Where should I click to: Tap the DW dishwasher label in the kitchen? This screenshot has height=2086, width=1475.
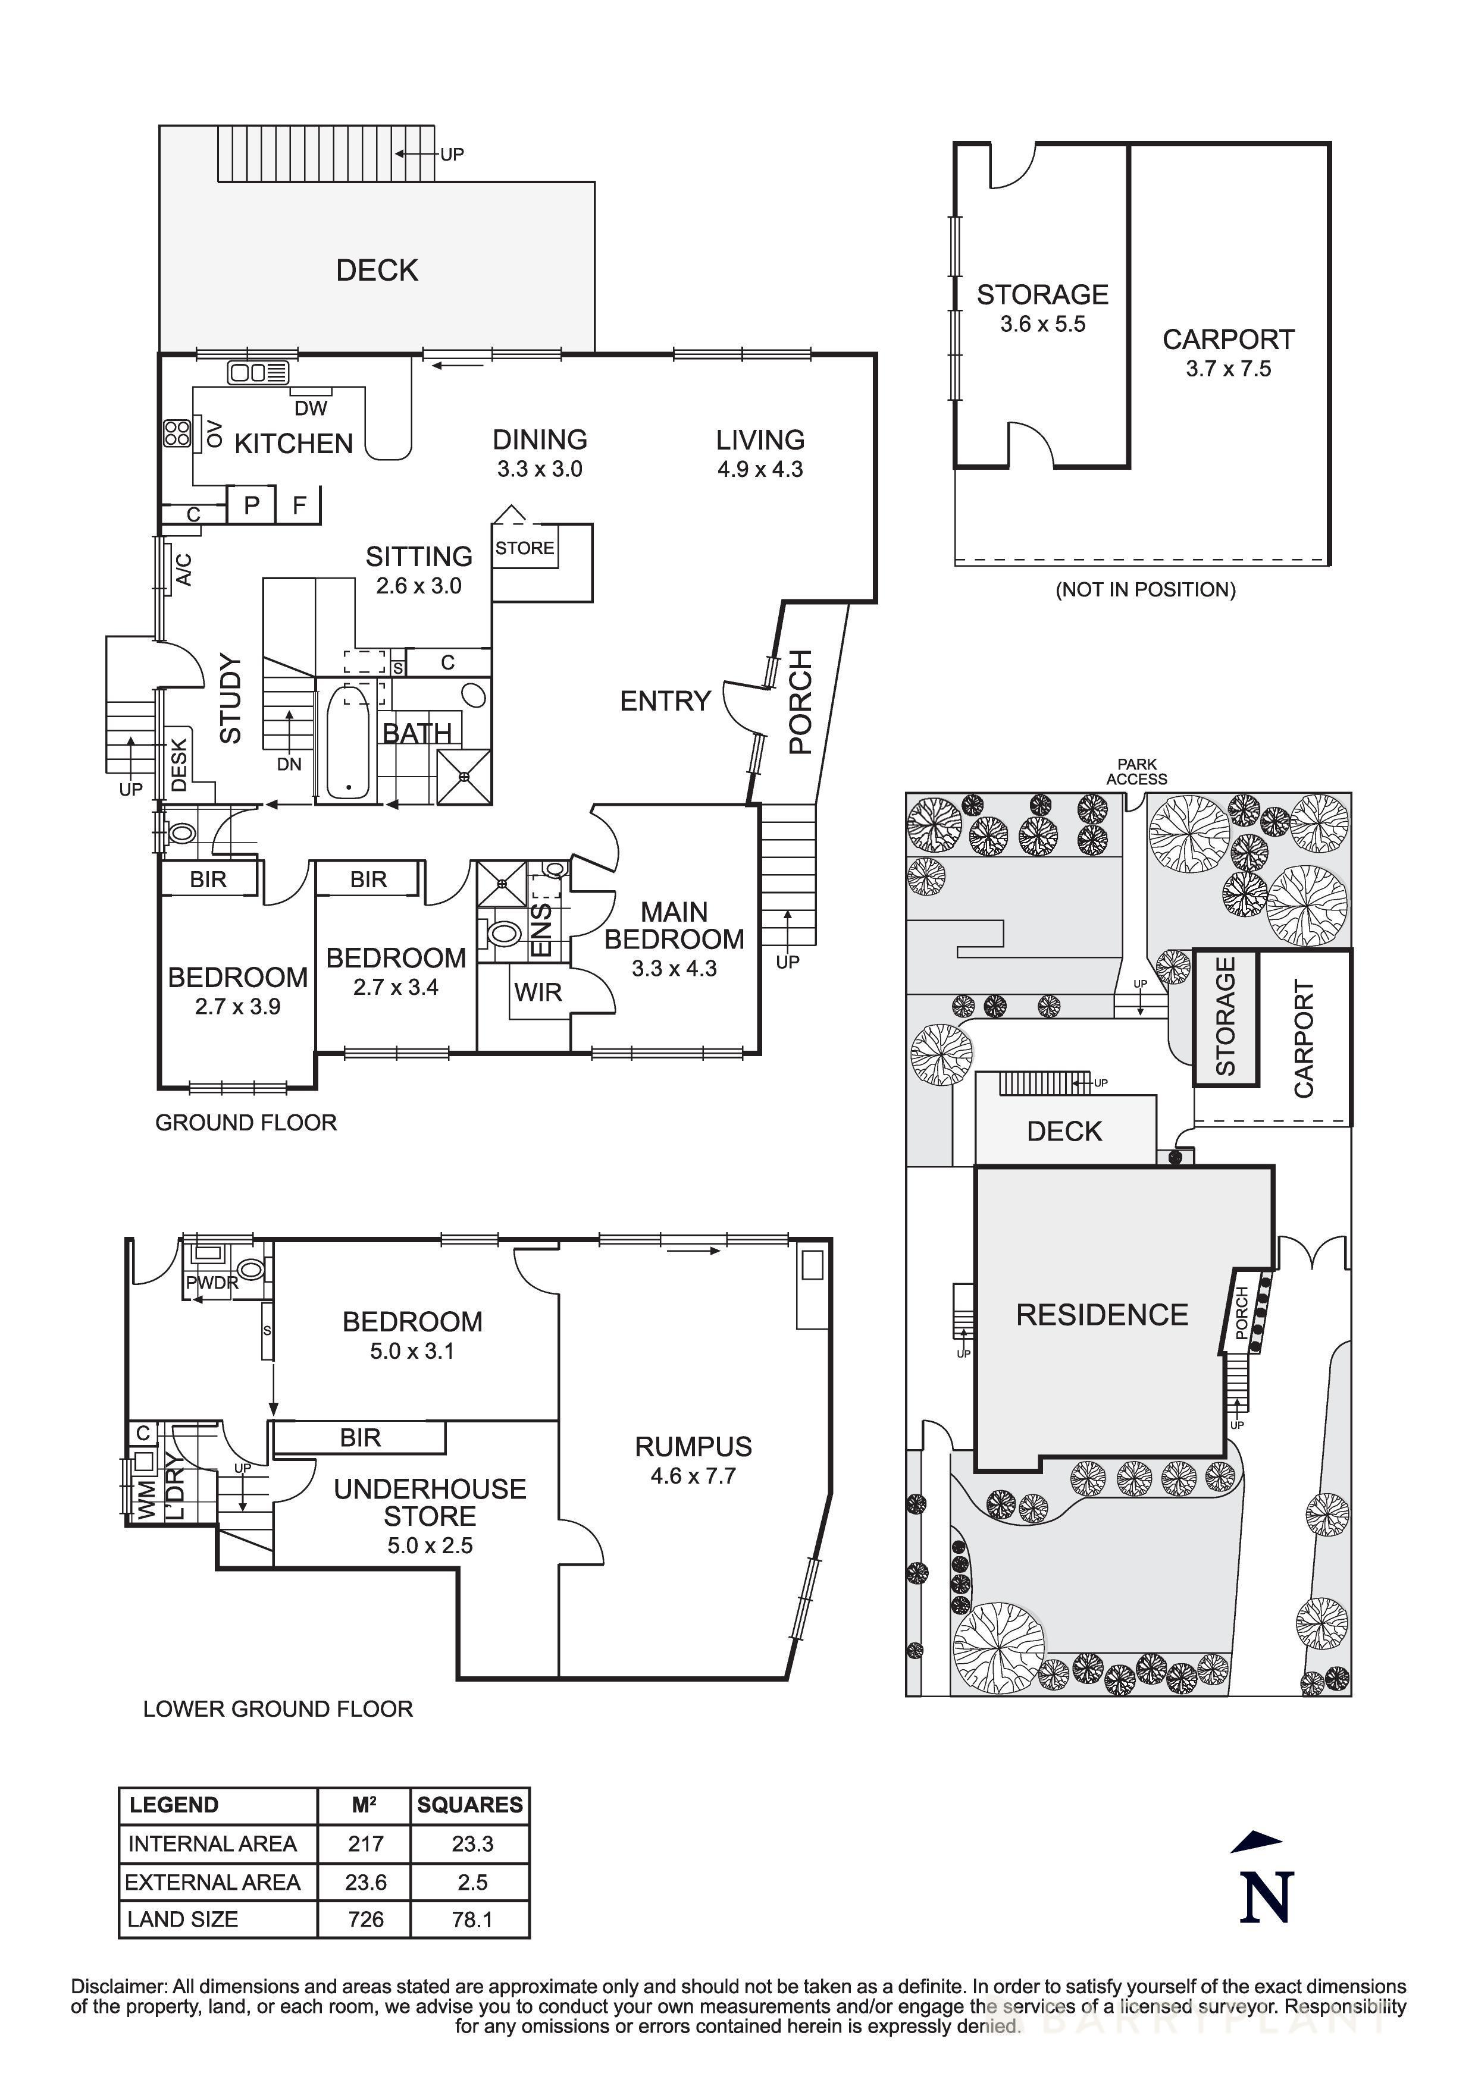coord(310,409)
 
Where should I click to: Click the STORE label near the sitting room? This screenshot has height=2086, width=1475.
coord(524,548)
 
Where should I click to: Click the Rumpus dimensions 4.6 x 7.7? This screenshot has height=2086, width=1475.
coord(693,1475)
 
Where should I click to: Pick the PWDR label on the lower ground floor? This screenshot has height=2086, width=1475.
coord(212,1283)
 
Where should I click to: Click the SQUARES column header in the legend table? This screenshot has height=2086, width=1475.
coord(470,1804)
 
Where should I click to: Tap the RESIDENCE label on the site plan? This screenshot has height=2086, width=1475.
coord(1101,1315)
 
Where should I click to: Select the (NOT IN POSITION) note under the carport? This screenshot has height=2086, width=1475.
coord(1145,590)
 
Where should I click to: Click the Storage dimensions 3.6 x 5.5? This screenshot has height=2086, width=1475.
coord(1042,324)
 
